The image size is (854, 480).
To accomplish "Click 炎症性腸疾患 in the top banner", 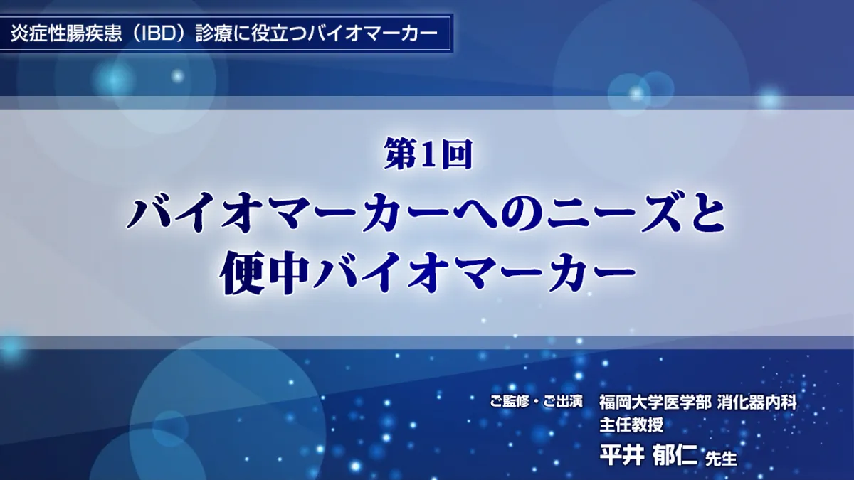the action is click(66, 33).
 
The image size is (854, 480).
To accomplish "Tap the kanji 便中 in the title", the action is click(264, 275).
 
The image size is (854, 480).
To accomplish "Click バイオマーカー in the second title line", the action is click(473, 275).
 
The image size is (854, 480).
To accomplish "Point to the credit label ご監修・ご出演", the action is click(537, 402).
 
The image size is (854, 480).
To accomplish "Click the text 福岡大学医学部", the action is click(655, 402).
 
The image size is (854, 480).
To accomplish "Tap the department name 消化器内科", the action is click(757, 402).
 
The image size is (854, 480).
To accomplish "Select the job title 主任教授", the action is click(631, 425).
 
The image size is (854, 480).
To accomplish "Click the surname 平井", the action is click(622, 455).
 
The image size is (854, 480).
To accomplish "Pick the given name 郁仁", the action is click(675, 455).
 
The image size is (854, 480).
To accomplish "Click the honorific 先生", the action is click(722, 459).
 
